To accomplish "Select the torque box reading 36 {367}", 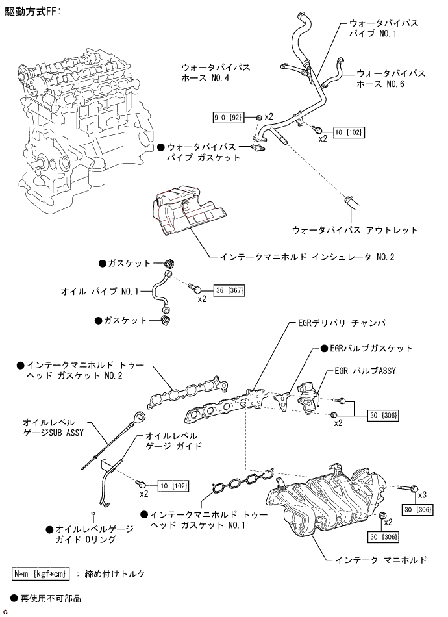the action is point(229,290).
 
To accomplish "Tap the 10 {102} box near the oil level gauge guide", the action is point(173,486).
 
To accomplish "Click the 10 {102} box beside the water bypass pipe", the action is point(349,132).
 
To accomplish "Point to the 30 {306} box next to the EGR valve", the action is point(384,415).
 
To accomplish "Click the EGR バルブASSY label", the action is point(365,371).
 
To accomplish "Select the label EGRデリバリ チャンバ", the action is point(342,323).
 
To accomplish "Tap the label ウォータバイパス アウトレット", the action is point(355,230).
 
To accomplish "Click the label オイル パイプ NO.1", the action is point(99,291).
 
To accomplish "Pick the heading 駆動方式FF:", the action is point(32,12).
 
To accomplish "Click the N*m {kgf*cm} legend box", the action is point(40,573).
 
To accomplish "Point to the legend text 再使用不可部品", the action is point(51,599).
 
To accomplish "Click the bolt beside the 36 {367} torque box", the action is point(195,288).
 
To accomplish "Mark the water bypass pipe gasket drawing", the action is point(257,148).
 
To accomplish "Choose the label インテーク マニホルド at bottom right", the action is point(380,560).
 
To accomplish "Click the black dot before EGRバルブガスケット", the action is point(324,348).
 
